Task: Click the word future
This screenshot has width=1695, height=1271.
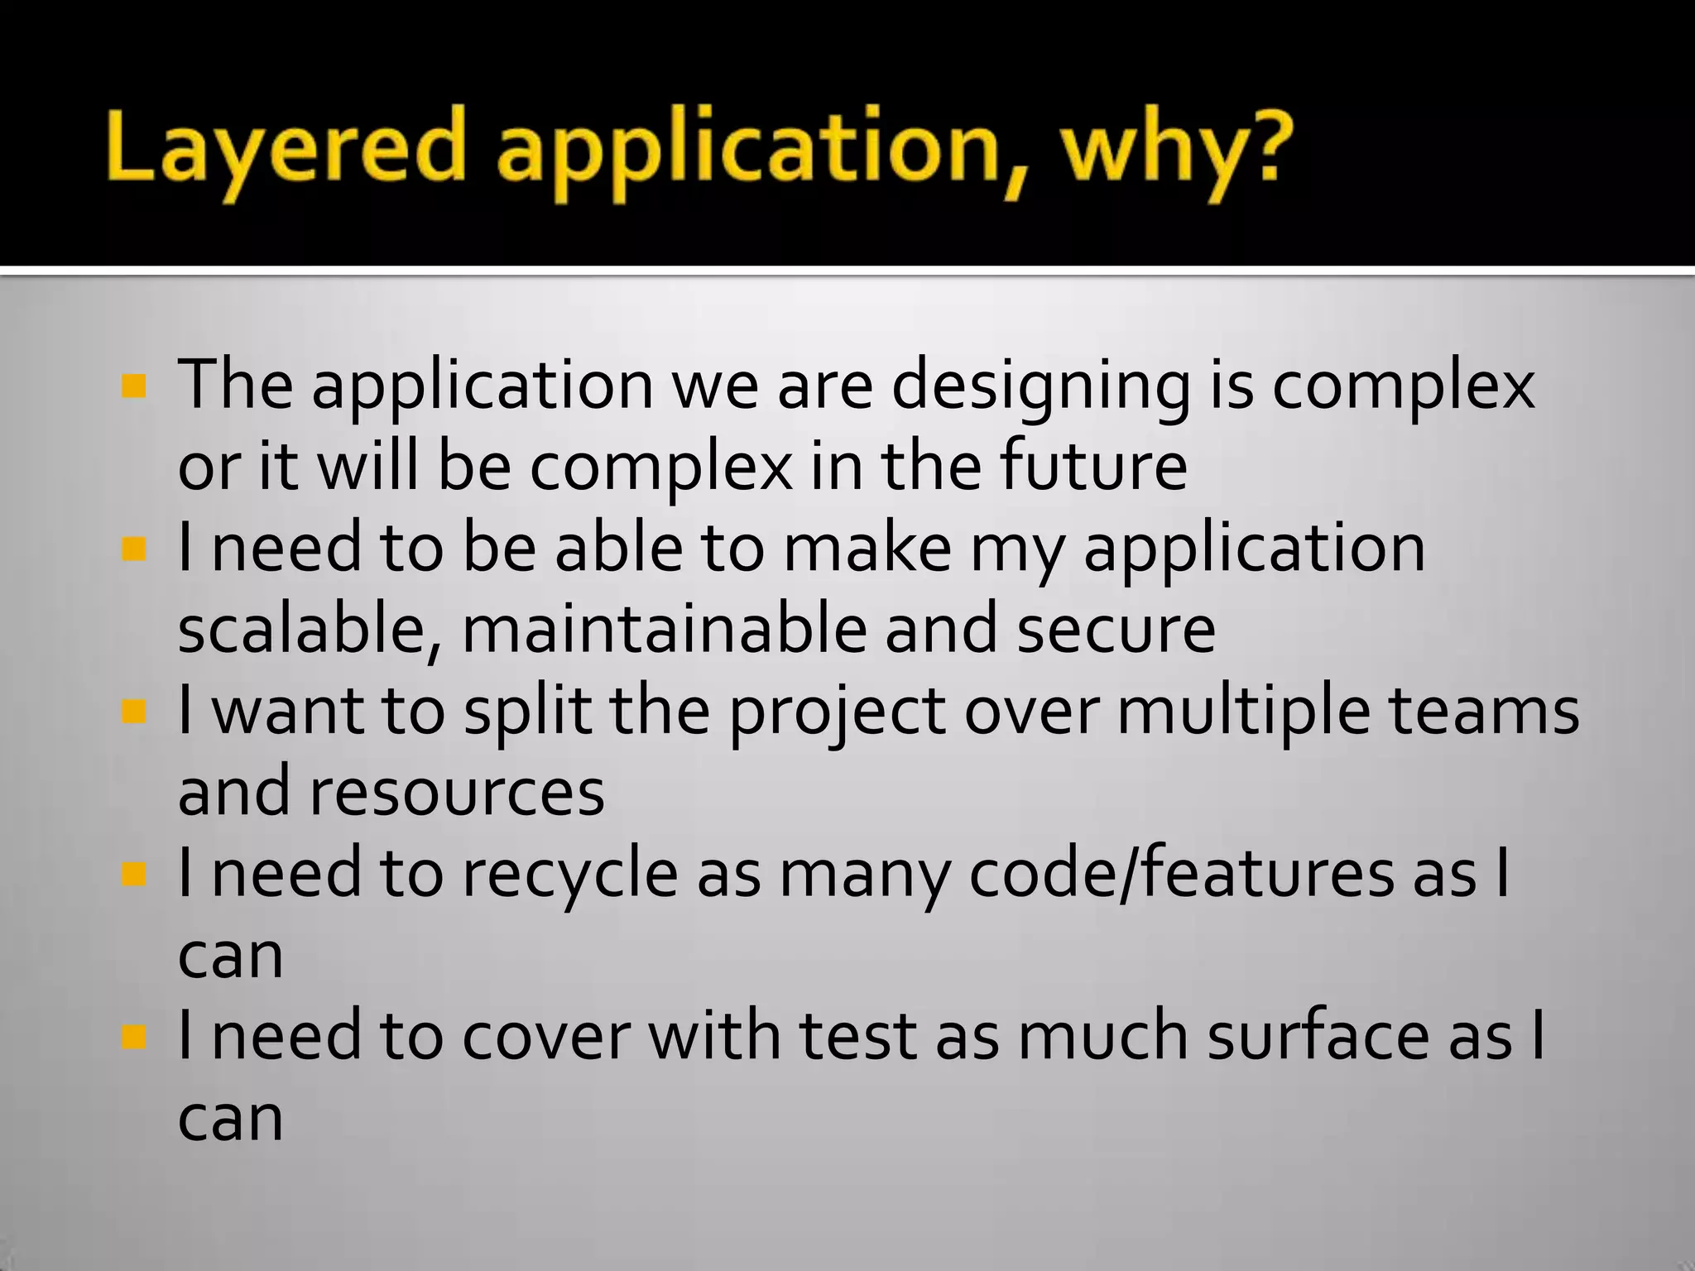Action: [x=1093, y=466]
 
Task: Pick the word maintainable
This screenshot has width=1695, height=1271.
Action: [x=663, y=629]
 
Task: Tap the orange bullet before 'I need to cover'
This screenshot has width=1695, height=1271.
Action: [x=132, y=1036]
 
